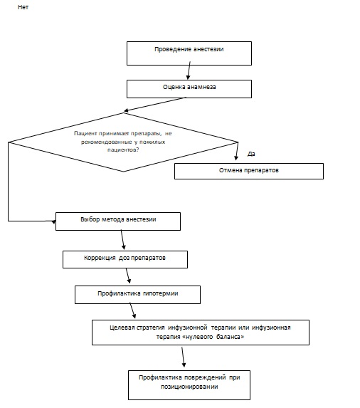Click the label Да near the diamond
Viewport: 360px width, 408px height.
pyautogui.click(x=251, y=154)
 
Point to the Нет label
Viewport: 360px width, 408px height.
pyautogui.click(x=23, y=7)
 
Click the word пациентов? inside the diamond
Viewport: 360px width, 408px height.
pyautogui.click(x=123, y=150)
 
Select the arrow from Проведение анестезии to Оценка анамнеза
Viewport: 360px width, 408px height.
pyautogui.click(x=189, y=70)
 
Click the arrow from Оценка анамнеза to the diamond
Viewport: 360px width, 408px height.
pyautogui.click(x=155, y=105)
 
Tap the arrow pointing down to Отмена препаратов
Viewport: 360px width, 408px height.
pyautogui.click(x=237, y=151)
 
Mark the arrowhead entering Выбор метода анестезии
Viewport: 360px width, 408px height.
pyautogui.click(x=53, y=221)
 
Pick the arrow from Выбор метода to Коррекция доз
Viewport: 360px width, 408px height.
pyautogui.click(x=122, y=240)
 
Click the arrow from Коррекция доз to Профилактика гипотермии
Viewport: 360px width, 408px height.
pyautogui.click(x=128, y=276)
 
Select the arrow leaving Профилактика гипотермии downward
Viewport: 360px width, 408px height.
pyautogui.click(x=132, y=310)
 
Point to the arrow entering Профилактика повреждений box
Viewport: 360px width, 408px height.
pyautogui.click(x=184, y=357)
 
